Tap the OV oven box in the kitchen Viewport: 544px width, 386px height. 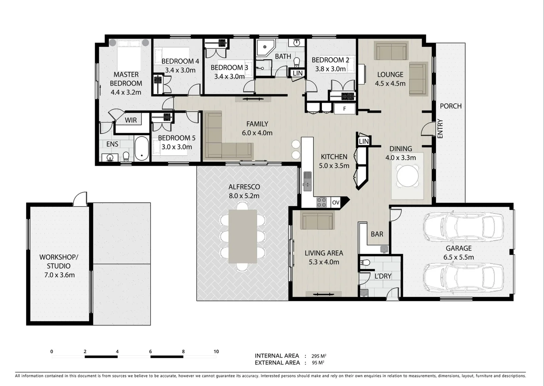335,203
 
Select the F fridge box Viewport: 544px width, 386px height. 344,109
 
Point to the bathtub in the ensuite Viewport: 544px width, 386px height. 142,148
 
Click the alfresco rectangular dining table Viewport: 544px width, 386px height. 242,236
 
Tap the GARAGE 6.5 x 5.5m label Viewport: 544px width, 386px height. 459,253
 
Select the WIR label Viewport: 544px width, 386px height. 131,120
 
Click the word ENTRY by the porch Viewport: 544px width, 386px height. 440,129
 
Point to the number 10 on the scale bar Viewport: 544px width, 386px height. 216,352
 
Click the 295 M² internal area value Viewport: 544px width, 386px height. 318,356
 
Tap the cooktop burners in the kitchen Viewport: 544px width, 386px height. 322,202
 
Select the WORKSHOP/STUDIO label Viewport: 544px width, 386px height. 59,266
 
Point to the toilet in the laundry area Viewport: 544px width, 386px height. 365,263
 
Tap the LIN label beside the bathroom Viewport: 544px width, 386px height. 298,73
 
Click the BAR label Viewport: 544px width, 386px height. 377,234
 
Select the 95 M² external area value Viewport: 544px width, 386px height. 318,363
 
